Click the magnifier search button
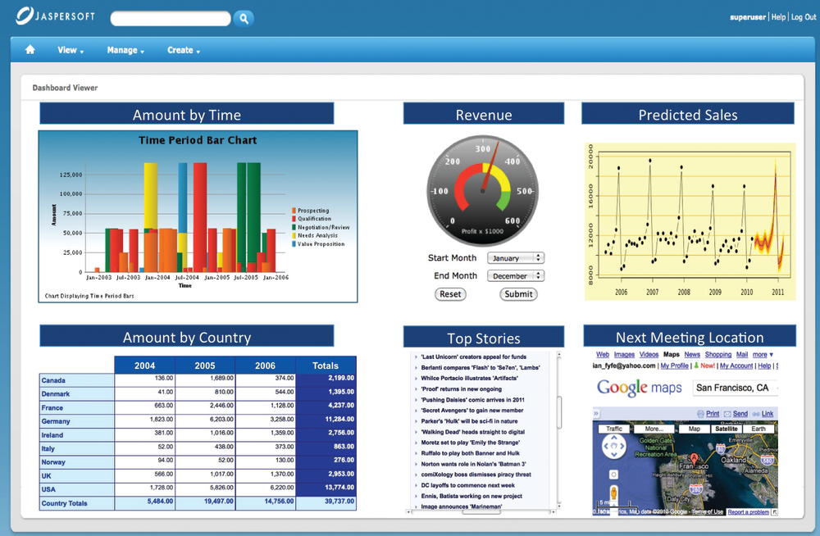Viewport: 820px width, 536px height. [x=244, y=18]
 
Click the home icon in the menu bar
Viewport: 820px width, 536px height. [x=30, y=50]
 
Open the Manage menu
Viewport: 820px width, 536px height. [x=125, y=50]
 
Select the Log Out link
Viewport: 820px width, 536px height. [x=804, y=17]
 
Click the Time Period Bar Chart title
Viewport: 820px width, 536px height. [x=198, y=140]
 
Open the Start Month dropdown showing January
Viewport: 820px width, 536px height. [x=515, y=258]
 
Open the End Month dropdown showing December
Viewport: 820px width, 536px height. [x=515, y=276]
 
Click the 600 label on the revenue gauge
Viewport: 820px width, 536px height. [x=512, y=221]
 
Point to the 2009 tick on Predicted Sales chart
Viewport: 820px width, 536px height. [x=715, y=292]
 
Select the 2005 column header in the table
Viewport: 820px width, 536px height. [x=205, y=366]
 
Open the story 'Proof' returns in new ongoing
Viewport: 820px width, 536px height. [x=462, y=389]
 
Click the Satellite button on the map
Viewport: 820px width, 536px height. [x=726, y=429]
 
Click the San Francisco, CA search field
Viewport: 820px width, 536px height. [x=734, y=388]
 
